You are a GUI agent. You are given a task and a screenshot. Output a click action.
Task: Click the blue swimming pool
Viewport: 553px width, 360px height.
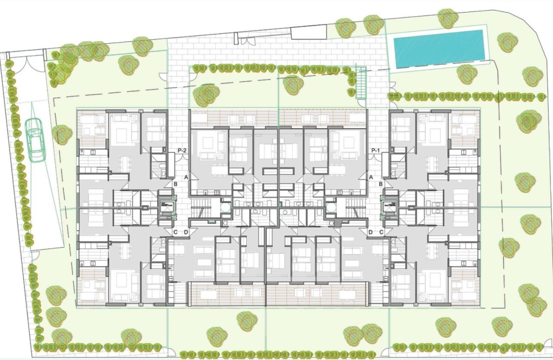pyautogui.click(x=440, y=48)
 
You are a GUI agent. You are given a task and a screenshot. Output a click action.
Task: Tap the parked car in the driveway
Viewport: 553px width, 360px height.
pyautogui.click(x=36, y=139)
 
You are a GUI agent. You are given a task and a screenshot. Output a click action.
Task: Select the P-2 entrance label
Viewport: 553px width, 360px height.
pyautogui.click(x=182, y=150)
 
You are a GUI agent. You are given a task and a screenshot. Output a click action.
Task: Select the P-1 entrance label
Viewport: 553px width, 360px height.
pyautogui.click(x=376, y=150)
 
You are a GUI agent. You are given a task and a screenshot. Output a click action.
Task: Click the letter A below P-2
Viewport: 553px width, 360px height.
pyautogui.click(x=186, y=177)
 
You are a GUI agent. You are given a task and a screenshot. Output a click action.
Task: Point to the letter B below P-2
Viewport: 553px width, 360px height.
pyautogui.click(x=176, y=184)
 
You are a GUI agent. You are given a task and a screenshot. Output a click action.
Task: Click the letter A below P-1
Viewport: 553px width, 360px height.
pyautogui.click(x=371, y=177)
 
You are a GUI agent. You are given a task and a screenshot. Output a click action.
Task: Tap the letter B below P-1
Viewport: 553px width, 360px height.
pyautogui.click(x=381, y=184)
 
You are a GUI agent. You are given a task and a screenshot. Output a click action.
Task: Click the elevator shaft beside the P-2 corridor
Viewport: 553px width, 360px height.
pyautogui.click(x=166, y=206)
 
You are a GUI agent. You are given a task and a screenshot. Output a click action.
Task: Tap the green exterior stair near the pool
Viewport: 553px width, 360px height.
pyautogui.click(x=362, y=84)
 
